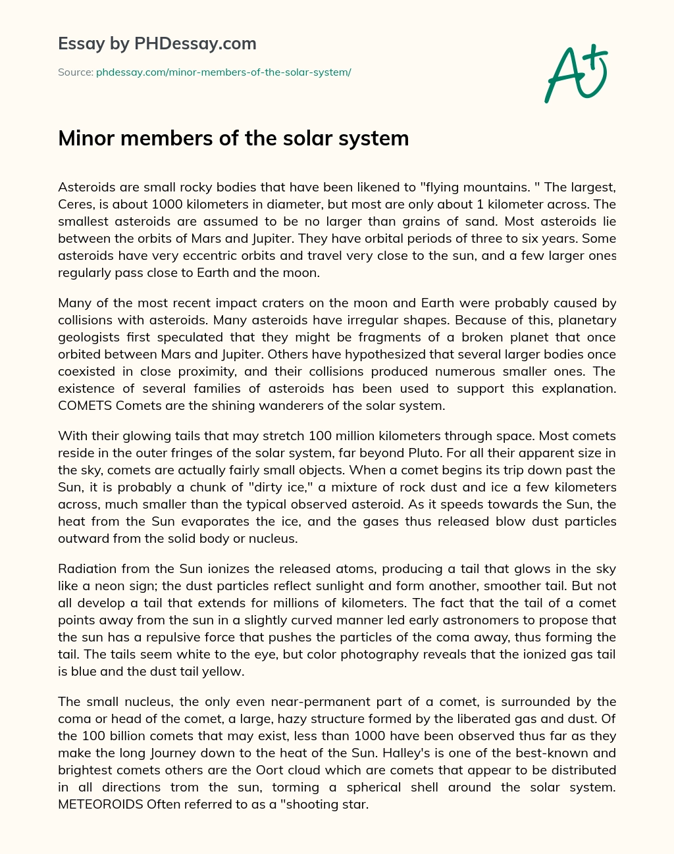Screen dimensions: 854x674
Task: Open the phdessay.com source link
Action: [x=223, y=72]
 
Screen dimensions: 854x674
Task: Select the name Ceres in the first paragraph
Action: [x=76, y=204]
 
